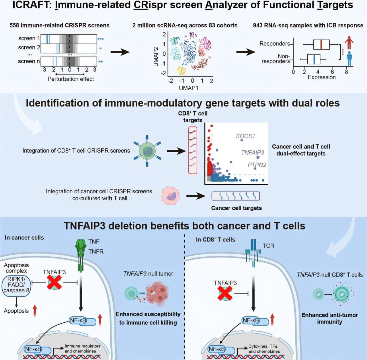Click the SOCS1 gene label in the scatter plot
pos(245,136)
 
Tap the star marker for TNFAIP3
pos(258,157)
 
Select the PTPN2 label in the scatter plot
pos(257,165)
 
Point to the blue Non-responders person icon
pos(349,58)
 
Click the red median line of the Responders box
pos(321,44)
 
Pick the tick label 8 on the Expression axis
pos(346,72)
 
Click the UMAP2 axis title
pos(156,57)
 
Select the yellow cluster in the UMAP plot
pos(181,70)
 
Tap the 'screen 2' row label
pos(29,47)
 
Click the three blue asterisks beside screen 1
pos(100,39)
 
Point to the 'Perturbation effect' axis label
pos(71,79)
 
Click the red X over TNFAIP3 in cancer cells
pos(54,283)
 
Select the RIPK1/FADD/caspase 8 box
pos(16,285)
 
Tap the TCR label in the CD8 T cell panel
pos(268,246)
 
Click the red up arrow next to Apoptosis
pos(35,311)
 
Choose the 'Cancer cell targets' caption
pos(236,208)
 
